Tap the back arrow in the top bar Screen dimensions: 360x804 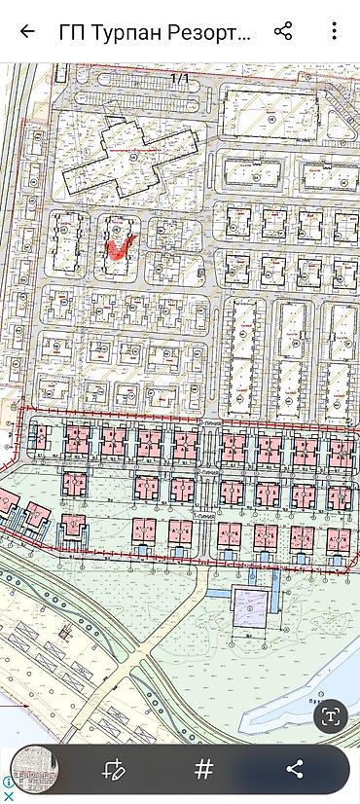pos(26,31)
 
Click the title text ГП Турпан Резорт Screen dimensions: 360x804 pos(156,31)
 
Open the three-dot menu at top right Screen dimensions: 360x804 pos(334,31)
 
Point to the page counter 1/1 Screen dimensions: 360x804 pos(180,77)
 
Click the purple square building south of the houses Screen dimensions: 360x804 pos(251,608)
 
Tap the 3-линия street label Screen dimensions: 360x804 pos(207,421)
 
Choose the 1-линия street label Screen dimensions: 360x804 pos(206,516)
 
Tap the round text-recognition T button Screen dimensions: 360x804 pos(331,716)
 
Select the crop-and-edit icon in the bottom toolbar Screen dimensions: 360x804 pos(115,770)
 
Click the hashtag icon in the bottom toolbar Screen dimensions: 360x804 pos(203,769)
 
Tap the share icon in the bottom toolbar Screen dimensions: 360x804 pos(294,770)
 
